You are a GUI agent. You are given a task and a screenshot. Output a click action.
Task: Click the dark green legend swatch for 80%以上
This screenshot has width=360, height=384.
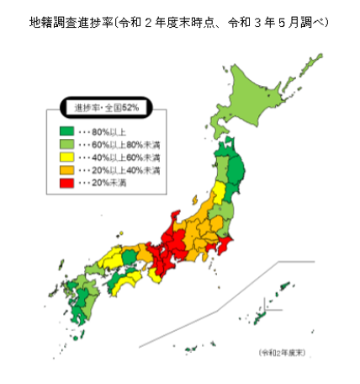(x=66, y=131)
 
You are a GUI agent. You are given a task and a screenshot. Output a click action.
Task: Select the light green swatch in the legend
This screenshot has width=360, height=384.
(x=66, y=144)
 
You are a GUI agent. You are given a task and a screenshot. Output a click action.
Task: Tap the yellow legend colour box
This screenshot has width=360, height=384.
(x=66, y=157)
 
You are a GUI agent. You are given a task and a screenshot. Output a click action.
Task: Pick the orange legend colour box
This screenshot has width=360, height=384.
(x=66, y=169)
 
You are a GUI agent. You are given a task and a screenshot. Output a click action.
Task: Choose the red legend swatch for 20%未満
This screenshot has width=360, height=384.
(x=66, y=182)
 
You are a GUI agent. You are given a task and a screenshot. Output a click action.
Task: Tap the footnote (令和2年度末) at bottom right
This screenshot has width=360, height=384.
(x=281, y=351)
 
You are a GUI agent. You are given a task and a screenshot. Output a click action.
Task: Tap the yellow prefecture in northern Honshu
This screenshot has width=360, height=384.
(x=220, y=193)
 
